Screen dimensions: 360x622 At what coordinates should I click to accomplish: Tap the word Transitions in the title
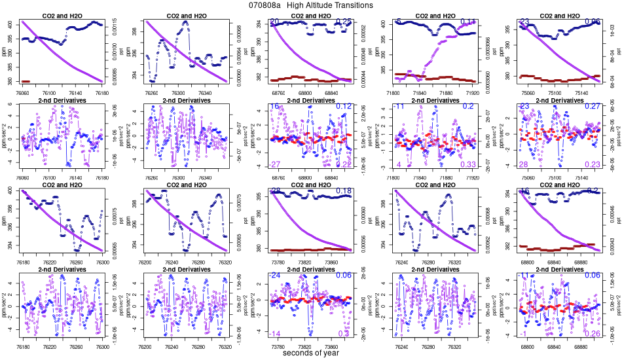(x=350, y=5)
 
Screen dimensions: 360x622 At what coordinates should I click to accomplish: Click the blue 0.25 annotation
(x=344, y=22)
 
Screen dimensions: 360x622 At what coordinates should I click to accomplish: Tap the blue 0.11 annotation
(x=467, y=22)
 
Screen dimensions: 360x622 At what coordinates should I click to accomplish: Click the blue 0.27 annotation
(x=592, y=106)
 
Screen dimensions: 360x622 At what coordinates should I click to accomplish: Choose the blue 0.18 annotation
(x=344, y=191)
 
